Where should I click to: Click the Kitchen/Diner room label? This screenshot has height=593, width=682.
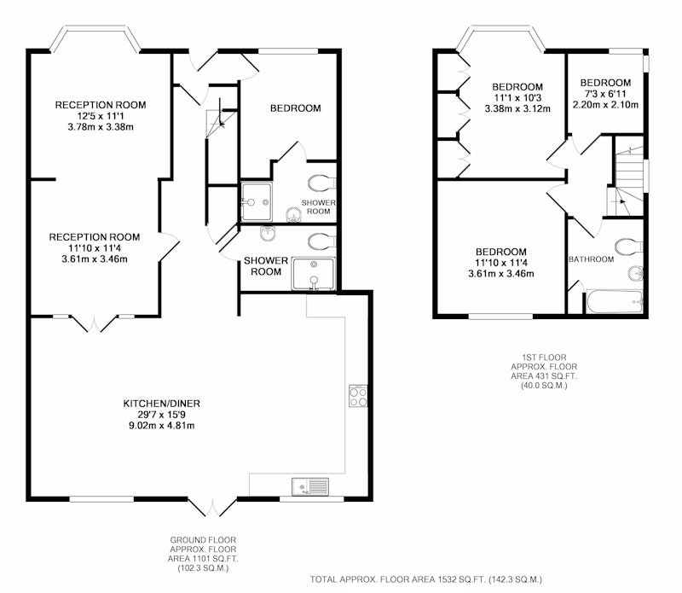(162, 404)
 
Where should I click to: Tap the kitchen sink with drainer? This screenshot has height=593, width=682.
(310, 485)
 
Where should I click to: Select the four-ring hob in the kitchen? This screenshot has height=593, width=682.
(358, 396)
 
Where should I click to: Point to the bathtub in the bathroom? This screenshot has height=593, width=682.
(614, 302)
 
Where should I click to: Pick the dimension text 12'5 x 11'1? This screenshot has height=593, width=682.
(101, 116)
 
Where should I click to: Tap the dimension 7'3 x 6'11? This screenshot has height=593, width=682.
(605, 94)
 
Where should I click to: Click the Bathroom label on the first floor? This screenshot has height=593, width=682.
(591, 259)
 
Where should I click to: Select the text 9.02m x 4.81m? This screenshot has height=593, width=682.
(162, 426)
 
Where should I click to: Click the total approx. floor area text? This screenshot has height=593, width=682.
(425, 579)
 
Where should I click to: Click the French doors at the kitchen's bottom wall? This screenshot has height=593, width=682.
(212, 508)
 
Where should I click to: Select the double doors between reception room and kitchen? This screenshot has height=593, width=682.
(95, 324)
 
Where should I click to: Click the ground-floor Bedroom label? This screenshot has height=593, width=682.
(296, 108)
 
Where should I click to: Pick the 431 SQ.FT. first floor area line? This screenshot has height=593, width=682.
(544, 376)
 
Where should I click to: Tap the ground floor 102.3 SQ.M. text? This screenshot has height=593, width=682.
(203, 568)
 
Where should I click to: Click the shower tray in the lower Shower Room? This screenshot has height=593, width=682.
(314, 274)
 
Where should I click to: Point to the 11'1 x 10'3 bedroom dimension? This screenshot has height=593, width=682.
(517, 98)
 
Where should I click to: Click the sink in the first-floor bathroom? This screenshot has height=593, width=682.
(636, 274)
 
